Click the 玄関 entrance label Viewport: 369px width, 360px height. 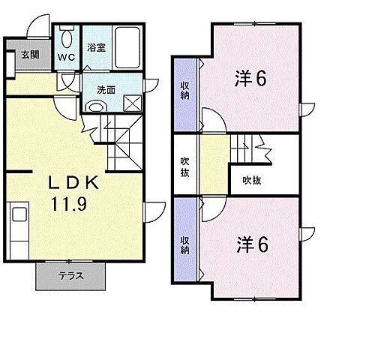(29, 54)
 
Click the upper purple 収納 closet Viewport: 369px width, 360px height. (184, 93)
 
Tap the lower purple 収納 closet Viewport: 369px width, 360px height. (184, 246)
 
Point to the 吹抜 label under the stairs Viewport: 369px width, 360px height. (251, 179)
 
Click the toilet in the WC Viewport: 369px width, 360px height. (66, 38)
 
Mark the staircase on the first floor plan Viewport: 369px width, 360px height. (119, 142)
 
